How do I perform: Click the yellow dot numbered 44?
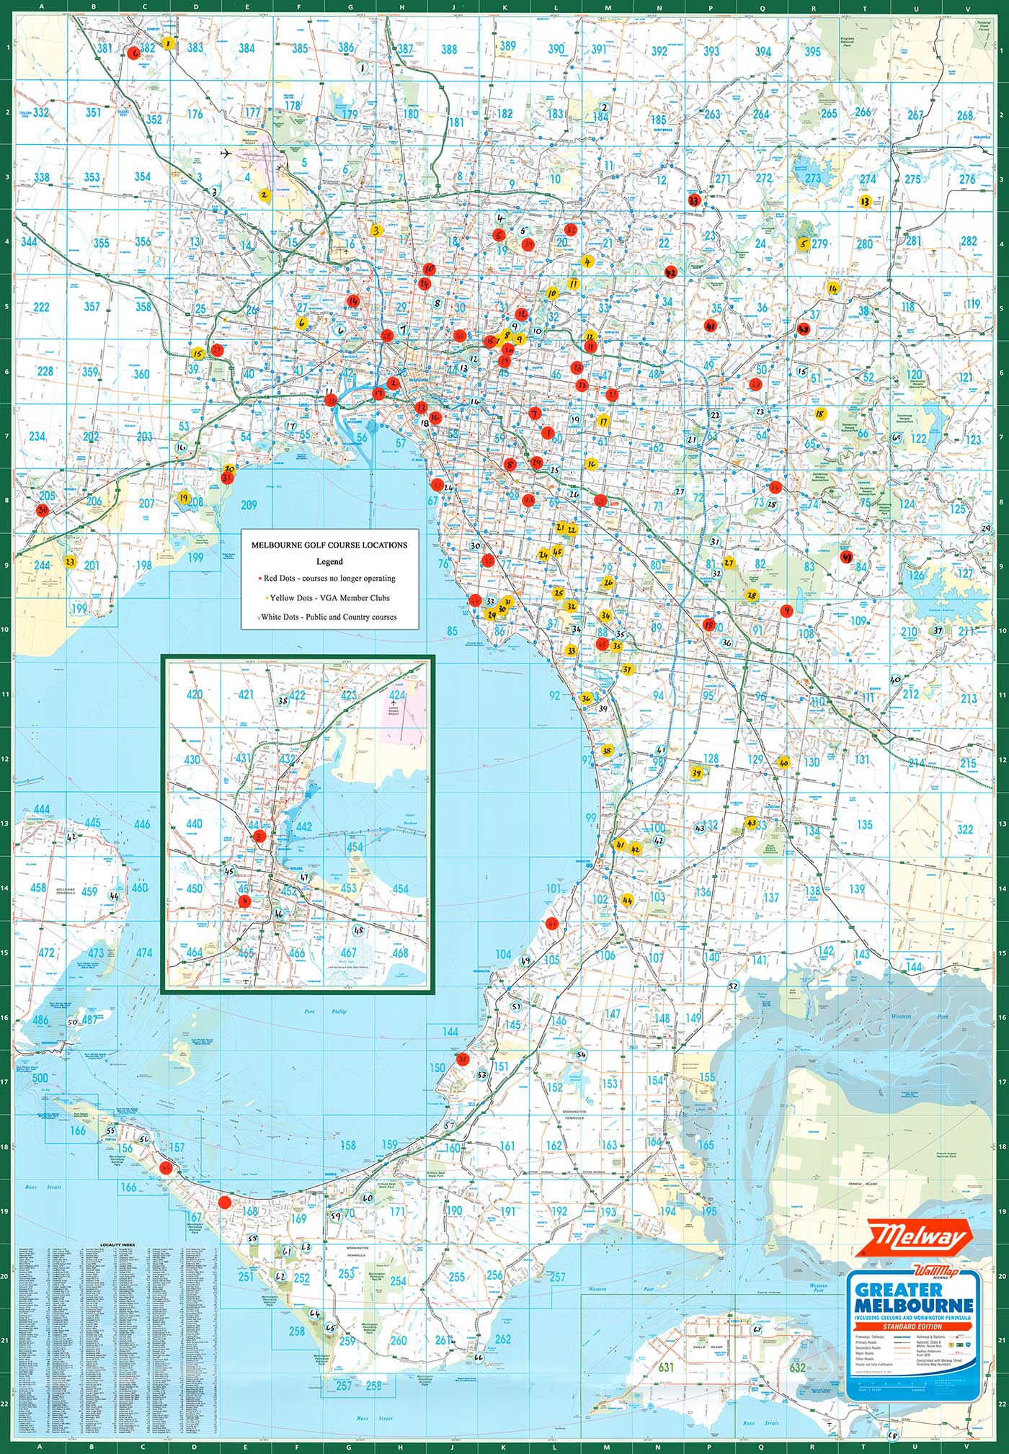(627, 900)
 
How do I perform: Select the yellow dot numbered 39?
(696, 773)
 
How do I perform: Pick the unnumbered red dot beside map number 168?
(225, 1202)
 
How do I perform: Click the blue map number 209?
(249, 505)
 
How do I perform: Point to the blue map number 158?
(348, 1145)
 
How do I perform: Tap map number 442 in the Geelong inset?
(303, 827)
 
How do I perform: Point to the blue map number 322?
(965, 830)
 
